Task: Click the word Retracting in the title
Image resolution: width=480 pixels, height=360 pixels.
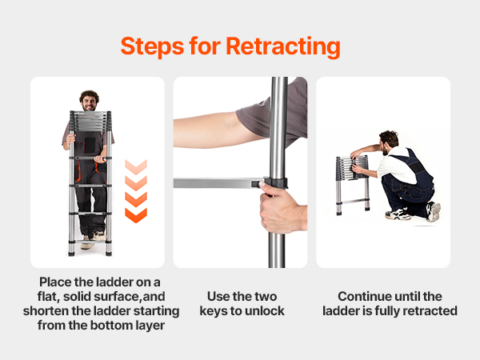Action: pos(283,46)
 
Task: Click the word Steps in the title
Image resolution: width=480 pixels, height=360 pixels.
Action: pos(152,46)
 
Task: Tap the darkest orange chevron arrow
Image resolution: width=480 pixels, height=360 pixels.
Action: pos(136,215)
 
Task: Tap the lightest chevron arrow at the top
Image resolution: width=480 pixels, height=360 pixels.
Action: pos(136,167)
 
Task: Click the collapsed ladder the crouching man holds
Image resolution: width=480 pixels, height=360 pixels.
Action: pos(353,185)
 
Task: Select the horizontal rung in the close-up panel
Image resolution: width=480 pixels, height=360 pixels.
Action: pos(218,183)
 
